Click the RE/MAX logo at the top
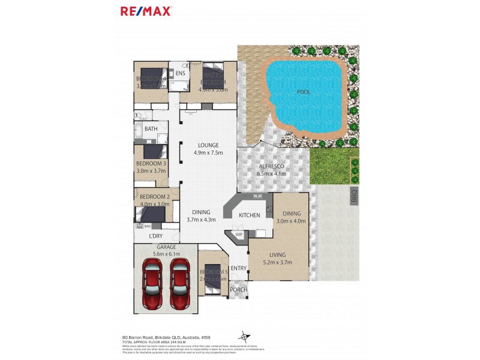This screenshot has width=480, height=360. [146, 11]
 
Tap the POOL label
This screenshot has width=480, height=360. [304, 92]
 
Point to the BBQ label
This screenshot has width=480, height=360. [354, 196]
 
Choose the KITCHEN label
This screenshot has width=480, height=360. [249, 215]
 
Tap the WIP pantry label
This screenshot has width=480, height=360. [238, 235]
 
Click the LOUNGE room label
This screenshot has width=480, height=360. [206, 145]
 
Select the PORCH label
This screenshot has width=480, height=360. [239, 290]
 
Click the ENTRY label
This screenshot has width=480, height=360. [238, 268]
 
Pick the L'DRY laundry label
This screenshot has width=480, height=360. [155, 236]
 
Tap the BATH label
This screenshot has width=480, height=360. [151, 128]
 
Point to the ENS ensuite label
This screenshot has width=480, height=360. [180, 74]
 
